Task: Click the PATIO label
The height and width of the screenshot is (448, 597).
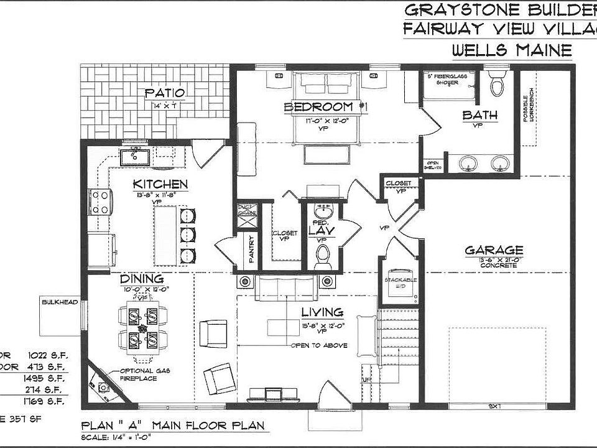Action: coord(165,93)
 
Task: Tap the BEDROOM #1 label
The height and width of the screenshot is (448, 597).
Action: coord(326,107)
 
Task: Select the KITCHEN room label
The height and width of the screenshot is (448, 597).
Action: coord(160,184)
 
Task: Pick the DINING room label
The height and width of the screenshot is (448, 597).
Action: coord(142,279)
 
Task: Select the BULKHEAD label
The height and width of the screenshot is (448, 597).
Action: coord(60,302)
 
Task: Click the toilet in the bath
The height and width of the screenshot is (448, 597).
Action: coord(497,84)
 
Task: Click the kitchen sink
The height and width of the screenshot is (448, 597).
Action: coord(134,156)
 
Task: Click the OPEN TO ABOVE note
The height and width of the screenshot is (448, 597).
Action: coord(319,345)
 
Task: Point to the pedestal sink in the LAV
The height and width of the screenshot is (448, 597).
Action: coord(322,210)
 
